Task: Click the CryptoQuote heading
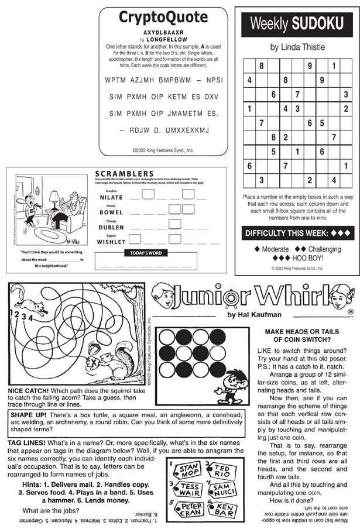click(x=163, y=18)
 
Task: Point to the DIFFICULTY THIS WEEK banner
click(x=298, y=233)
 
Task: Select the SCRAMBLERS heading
click(x=124, y=173)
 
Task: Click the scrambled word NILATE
click(x=111, y=198)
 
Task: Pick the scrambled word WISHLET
click(x=111, y=241)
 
